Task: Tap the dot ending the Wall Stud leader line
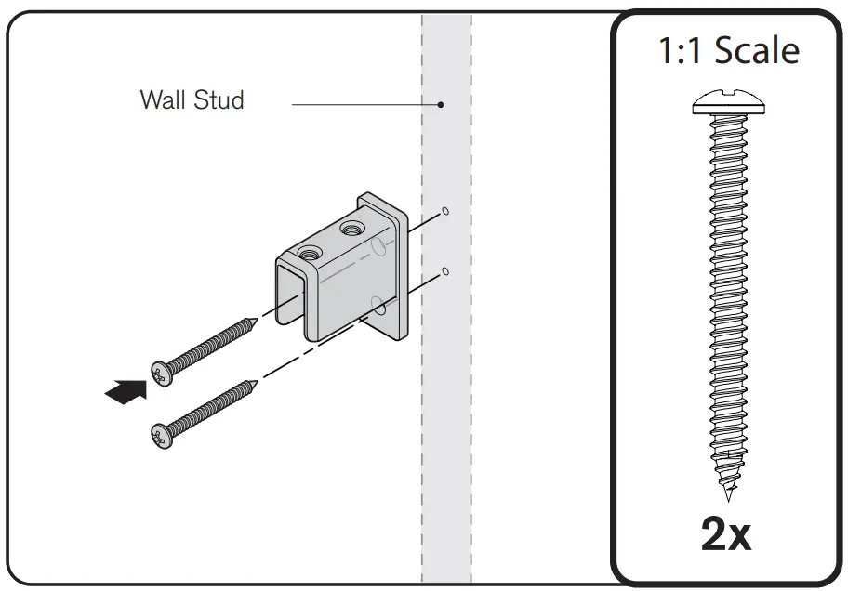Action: pyautogui.click(x=442, y=104)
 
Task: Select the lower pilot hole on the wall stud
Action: pyautogui.click(x=445, y=271)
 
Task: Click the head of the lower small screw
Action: pyautogui.click(x=161, y=433)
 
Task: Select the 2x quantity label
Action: pyautogui.click(x=725, y=534)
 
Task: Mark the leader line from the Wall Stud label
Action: pyautogui.click(x=363, y=104)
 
